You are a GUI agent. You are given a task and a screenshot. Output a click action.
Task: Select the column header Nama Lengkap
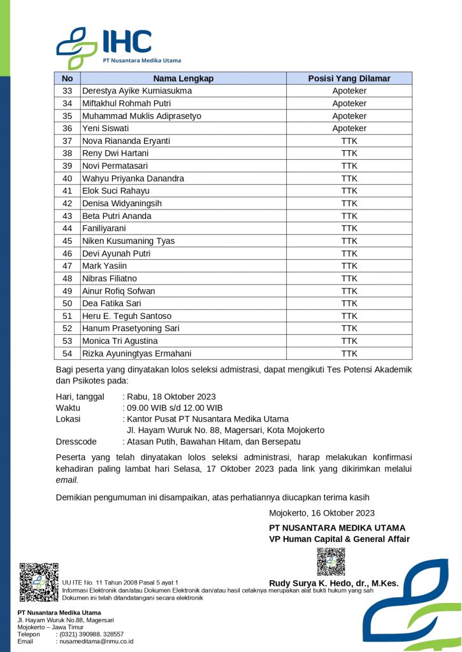[183, 78]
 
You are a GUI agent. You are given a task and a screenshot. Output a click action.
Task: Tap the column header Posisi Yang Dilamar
[349, 78]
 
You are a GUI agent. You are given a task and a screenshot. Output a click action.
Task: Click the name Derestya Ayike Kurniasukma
[137, 91]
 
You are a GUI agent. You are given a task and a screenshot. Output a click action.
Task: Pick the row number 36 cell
[68, 129]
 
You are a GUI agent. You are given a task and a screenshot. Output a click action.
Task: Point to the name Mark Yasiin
[105, 266]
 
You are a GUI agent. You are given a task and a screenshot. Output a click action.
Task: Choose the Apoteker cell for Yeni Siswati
[349, 129]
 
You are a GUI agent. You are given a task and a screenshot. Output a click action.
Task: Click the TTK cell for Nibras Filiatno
[349, 278]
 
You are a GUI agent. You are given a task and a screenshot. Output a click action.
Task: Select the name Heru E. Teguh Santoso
[127, 316]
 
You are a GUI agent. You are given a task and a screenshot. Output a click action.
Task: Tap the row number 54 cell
[68, 353]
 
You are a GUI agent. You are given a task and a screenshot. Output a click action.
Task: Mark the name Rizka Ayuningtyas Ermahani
[137, 353]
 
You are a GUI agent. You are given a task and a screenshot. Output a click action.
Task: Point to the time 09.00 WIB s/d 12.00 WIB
[174, 407]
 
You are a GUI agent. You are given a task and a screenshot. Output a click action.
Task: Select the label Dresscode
[76, 441]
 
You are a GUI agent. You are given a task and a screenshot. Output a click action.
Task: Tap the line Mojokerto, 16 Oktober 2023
[322, 513]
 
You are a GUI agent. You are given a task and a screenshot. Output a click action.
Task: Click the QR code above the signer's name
[331, 561]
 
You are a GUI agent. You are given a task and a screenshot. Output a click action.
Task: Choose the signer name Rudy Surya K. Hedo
[333, 583]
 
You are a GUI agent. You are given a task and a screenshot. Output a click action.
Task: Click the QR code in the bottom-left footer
[38, 582]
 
